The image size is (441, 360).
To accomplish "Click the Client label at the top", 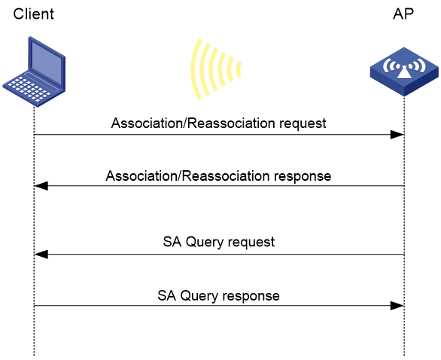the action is tap(33, 14).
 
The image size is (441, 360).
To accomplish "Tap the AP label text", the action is tap(403, 14).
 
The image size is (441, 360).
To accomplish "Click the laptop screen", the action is tap(47, 62).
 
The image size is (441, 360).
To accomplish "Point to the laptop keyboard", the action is tap(28, 89).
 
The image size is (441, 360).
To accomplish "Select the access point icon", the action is tap(404, 72).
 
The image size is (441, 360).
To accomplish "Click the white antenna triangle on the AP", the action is tap(404, 73).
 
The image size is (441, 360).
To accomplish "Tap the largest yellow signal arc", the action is tap(195, 69).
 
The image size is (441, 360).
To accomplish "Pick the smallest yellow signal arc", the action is tap(239, 69).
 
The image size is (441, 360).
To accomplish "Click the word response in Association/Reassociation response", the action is tap(303, 176).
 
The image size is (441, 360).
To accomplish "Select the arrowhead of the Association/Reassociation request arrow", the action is tap(397, 135).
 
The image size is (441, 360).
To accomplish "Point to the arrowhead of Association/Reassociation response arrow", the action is tap(41, 186).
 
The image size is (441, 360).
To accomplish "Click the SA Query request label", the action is tap(219, 242).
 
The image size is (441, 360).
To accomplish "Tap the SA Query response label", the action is tap(218, 296).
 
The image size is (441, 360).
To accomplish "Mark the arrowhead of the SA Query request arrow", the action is tap(41, 255).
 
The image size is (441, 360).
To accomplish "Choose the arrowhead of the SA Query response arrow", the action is tap(397, 306).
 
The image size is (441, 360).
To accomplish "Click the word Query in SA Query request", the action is tap(205, 242).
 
